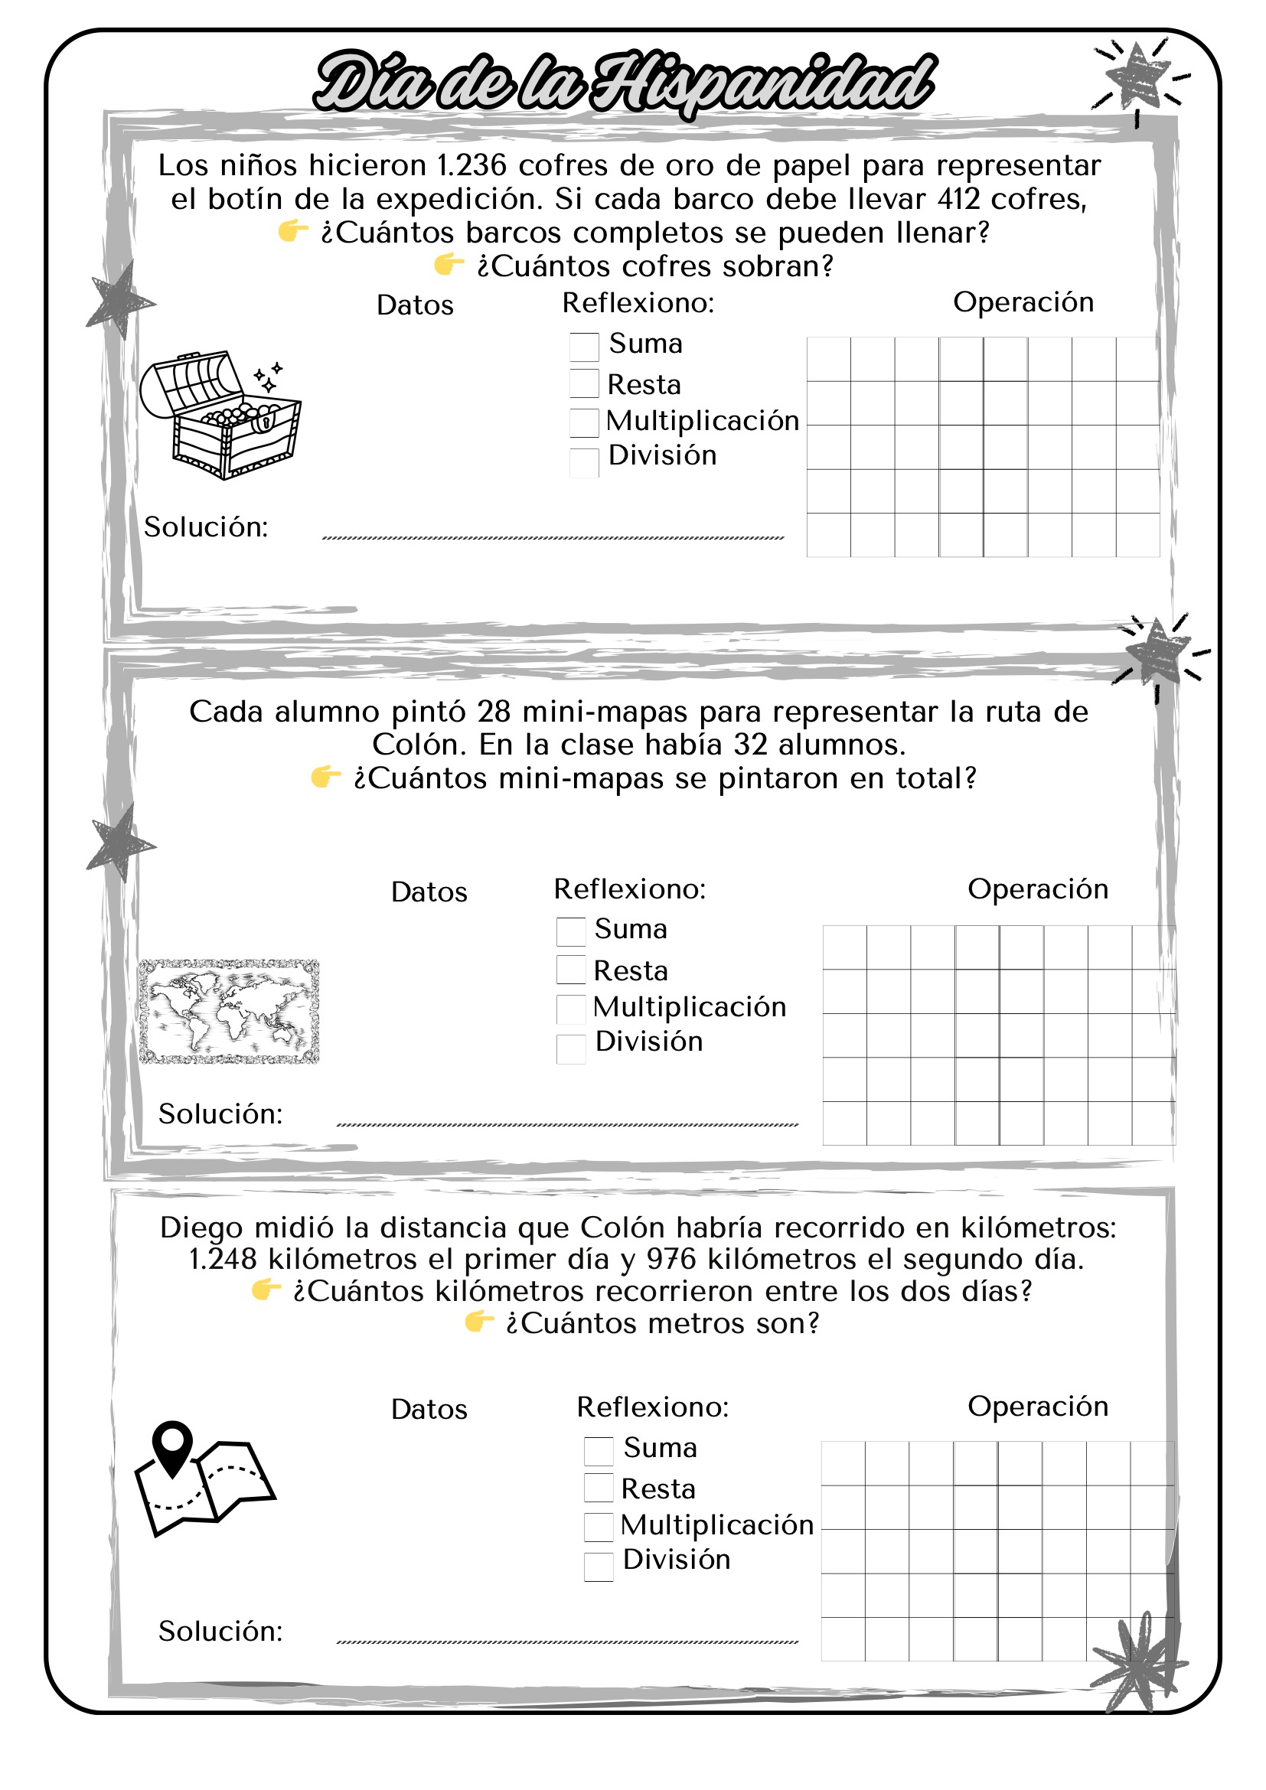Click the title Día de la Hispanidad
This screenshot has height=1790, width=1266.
624,83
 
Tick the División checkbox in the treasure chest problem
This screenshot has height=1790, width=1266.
584,462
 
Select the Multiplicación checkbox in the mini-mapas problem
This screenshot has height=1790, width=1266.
571,1009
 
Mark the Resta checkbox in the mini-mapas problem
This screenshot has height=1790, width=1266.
571,970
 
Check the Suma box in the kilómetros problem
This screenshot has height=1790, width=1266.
598,1451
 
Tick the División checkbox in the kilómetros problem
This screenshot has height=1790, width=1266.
598,1567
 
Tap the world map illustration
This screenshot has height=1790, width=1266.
229,1011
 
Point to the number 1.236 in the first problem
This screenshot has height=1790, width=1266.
471,166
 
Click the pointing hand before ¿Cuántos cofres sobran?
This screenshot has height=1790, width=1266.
449,265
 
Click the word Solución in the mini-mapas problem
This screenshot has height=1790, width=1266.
220,1114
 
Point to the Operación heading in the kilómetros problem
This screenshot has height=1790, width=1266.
1038,1406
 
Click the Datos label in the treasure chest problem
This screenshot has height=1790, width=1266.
415,305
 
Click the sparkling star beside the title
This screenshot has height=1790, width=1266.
1139,77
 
